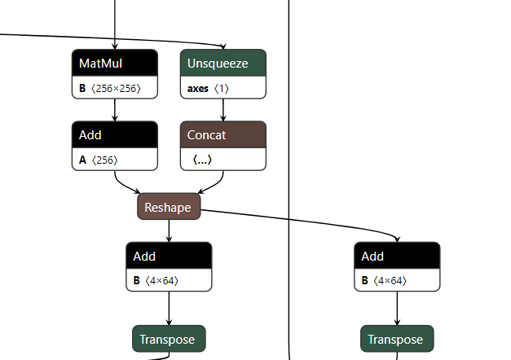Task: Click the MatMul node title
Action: [101, 64]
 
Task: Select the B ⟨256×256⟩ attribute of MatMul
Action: [110, 88]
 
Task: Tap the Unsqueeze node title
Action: [218, 64]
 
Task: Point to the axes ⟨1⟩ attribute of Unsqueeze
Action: [208, 88]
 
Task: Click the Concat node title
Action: [207, 135]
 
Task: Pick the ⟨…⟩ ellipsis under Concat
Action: [202, 160]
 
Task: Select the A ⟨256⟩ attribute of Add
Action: [98, 160]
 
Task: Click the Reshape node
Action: [169, 207]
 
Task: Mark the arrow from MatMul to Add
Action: [115, 110]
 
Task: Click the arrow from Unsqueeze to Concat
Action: [223, 110]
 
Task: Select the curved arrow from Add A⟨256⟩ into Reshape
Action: [123, 185]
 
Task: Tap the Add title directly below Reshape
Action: [144, 257]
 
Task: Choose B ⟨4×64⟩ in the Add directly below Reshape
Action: [156, 280]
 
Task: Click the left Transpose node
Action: [169, 339]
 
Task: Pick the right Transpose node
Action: [397, 339]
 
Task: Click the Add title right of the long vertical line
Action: [372, 257]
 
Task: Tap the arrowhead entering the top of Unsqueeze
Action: [223, 46]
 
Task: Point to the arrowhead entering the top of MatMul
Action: [115, 46]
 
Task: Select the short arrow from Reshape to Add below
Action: [169, 231]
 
